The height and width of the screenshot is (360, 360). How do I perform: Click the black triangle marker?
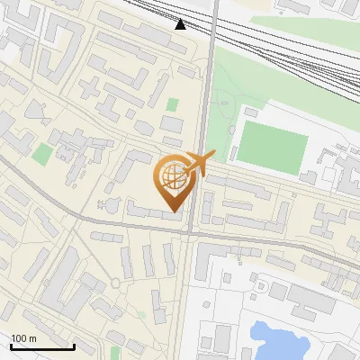(x=181, y=24)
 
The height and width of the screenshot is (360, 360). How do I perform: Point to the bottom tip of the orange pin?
(x=174, y=211)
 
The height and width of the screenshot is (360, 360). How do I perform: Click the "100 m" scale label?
(x=23, y=337)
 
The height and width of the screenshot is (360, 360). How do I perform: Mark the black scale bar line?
(x=42, y=346)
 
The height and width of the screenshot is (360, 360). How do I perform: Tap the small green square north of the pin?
(x=172, y=105)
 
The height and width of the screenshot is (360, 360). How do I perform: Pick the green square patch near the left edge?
(x=41, y=154)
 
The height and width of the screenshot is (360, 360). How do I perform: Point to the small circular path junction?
(x=116, y=284)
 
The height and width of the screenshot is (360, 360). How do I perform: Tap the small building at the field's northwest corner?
(x=250, y=113)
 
